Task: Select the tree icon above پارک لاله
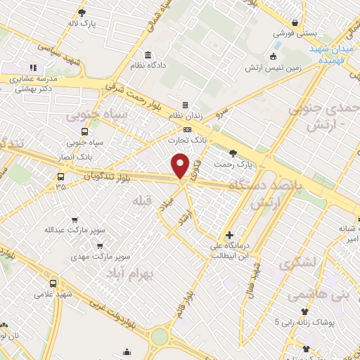pyautogui.click(x=82, y=12)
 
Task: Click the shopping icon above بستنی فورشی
pyautogui.click(x=302, y=22)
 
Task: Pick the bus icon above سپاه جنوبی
pyautogui.click(x=85, y=131)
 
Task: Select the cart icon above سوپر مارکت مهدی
pyautogui.click(x=101, y=246)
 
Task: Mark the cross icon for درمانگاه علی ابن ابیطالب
pyautogui.click(x=229, y=235)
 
